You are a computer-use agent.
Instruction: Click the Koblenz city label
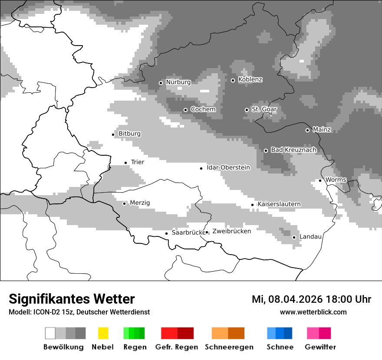point(250,80)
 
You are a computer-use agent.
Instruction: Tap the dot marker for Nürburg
point(161,83)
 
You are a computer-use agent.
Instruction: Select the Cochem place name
point(203,109)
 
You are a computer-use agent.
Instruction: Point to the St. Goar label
point(264,109)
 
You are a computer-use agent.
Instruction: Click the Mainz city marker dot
point(307,130)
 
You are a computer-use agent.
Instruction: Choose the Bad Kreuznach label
point(293,150)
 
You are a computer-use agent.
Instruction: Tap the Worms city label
point(336,180)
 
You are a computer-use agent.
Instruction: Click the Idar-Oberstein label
point(228,167)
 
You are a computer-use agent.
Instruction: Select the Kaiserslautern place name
point(279,204)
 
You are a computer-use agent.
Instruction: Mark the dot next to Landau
point(294,237)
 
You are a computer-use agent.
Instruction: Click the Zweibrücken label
point(231,231)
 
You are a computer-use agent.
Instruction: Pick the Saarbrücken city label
point(188,232)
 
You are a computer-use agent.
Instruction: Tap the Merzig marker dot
point(124,203)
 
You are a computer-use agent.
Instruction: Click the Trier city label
point(137,162)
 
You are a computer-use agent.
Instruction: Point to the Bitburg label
point(129,134)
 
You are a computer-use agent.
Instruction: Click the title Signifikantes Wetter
point(72,299)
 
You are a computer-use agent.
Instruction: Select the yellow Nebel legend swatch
point(103,333)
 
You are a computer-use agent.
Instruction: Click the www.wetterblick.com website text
point(313,312)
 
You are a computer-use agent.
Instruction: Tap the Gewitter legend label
point(320,347)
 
